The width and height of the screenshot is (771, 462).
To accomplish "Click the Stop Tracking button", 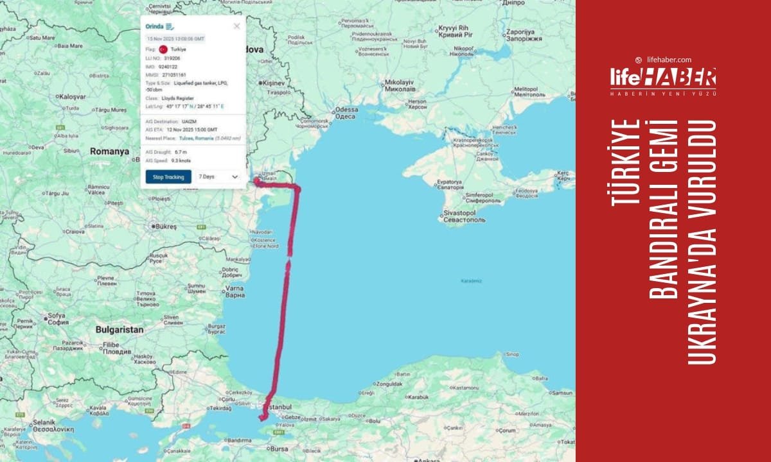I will pyautogui.click(x=168, y=176).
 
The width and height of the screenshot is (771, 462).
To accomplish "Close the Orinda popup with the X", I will pyautogui.click(x=236, y=26).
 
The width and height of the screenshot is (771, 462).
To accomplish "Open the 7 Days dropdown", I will pyautogui.click(x=218, y=176).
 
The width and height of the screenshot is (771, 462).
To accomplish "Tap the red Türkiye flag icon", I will pyautogui.click(x=163, y=49).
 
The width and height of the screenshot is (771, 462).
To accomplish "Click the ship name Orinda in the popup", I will pyautogui.click(x=155, y=26).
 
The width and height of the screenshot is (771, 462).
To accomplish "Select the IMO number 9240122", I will pyautogui.click(x=167, y=66).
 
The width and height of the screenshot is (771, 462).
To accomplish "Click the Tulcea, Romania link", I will pyautogui.click(x=195, y=137).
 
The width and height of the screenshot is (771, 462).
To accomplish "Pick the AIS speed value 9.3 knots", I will pyautogui.click(x=181, y=160).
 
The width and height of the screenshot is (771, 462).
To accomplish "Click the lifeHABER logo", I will pyautogui.click(x=662, y=78).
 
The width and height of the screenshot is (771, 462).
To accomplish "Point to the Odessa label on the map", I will pyautogui.click(x=346, y=109).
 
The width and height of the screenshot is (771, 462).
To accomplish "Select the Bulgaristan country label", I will pyautogui.click(x=120, y=329).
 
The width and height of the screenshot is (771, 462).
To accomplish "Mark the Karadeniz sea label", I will pyautogui.click(x=471, y=281).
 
